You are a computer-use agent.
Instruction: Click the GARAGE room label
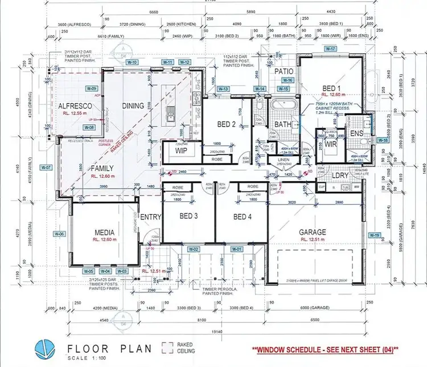point(313,232)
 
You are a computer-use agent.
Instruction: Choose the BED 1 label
point(331,89)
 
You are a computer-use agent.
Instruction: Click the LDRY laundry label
point(340,176)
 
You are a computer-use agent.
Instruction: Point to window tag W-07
point(46,168)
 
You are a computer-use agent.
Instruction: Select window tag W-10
point(132,62)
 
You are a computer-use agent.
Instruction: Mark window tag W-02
point(194,250)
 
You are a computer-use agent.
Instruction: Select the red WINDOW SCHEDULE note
point(327,350)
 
